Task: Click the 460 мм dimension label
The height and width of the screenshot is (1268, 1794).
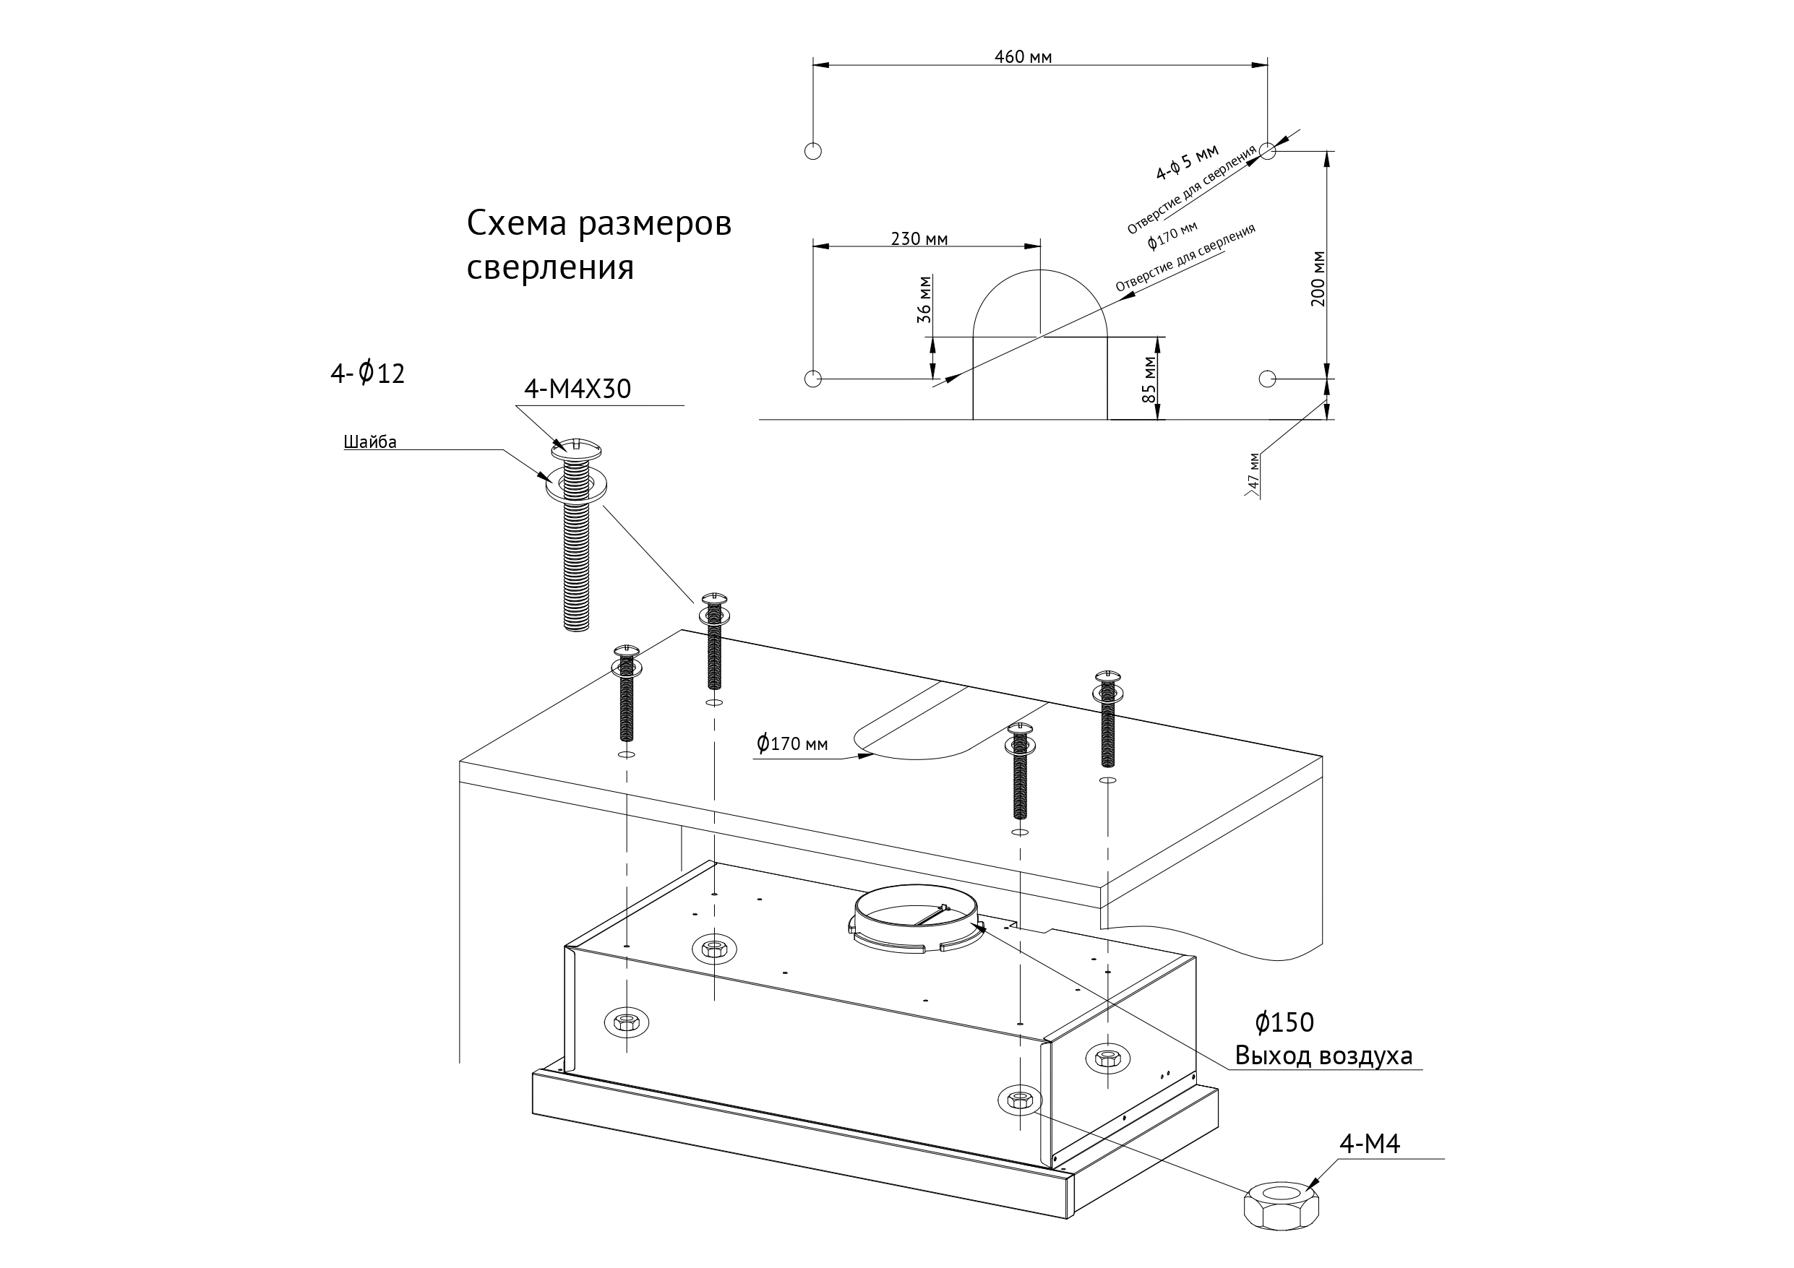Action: [1022, 57]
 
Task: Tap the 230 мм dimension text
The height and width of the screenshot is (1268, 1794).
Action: [919, 239]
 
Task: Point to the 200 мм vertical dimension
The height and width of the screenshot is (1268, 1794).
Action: [1318, 279]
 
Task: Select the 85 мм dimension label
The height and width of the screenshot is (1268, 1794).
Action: [1149, 380]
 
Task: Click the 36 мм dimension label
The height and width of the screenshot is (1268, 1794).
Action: [924, 299]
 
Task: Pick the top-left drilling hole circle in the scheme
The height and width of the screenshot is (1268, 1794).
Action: [812, 151]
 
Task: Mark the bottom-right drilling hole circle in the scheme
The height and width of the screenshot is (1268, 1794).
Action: [1267, 379]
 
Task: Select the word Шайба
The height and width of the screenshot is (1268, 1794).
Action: [369, 442]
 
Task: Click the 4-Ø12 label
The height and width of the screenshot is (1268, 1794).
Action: [367, 374]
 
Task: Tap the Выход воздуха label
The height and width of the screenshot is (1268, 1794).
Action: [1323, 1056]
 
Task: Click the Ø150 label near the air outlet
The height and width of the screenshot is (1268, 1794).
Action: [1284, 1022]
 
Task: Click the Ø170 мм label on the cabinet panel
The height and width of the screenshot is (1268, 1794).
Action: [791, 743]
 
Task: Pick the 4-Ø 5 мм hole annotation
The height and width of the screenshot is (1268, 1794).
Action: [1187, 162]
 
